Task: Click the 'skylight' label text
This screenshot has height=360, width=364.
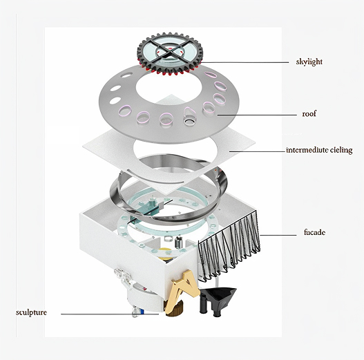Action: (x=309, y=61)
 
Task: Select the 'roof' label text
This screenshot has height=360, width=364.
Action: (x=309, y=114)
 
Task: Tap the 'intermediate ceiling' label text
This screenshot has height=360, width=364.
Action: (x=319, y=150)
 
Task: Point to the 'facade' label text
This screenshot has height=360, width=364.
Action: (x=314, y=232)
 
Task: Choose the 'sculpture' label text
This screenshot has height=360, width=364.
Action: (x=31, y=312)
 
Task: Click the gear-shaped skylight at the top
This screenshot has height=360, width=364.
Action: (x=170, y=53)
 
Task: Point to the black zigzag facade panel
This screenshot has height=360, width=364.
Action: (x=229, y=246)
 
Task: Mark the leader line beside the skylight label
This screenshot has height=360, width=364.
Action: (x=245, y=62)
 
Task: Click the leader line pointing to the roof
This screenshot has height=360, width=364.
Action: (x=257, y=115)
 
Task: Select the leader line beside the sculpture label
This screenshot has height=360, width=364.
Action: (x=110, y=314)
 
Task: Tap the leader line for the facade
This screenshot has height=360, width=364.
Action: (x=278, y=235)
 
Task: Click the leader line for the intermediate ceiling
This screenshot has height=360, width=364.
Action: (x=257, y=151)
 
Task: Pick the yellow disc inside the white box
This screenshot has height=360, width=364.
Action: (x=165, y=252)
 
